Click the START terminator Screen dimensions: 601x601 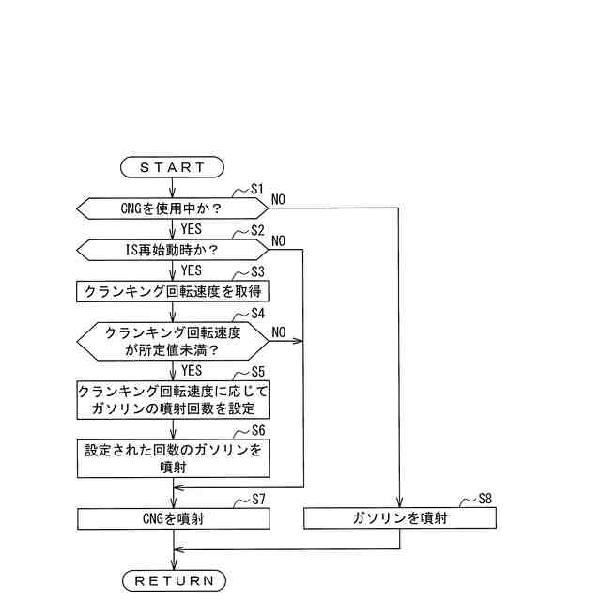tap(173, 167)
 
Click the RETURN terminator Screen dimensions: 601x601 tap(175, 579)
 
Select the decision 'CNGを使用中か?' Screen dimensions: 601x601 tap(173, 208)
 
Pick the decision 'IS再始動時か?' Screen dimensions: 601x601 tap(173, 250)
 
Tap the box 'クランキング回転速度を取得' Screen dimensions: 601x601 tap(173, 291)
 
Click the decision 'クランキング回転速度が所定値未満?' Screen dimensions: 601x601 tap(173, 341)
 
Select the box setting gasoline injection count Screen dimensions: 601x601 tap(173, 400)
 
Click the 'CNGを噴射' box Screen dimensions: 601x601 tap(173, 517)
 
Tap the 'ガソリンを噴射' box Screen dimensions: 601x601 tap(400, 517)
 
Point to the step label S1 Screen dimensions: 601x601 tap(257, 189)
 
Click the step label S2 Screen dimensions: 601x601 tap(257, 231)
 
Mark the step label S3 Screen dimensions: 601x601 tap(257, 271)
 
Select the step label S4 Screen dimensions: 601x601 tap(257, 313)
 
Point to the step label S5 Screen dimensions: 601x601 tap(257, 371)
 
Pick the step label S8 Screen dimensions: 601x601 tap(485, 499)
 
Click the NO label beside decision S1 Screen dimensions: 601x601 tap(279, 199)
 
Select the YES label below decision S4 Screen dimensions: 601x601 tap(192, 371)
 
